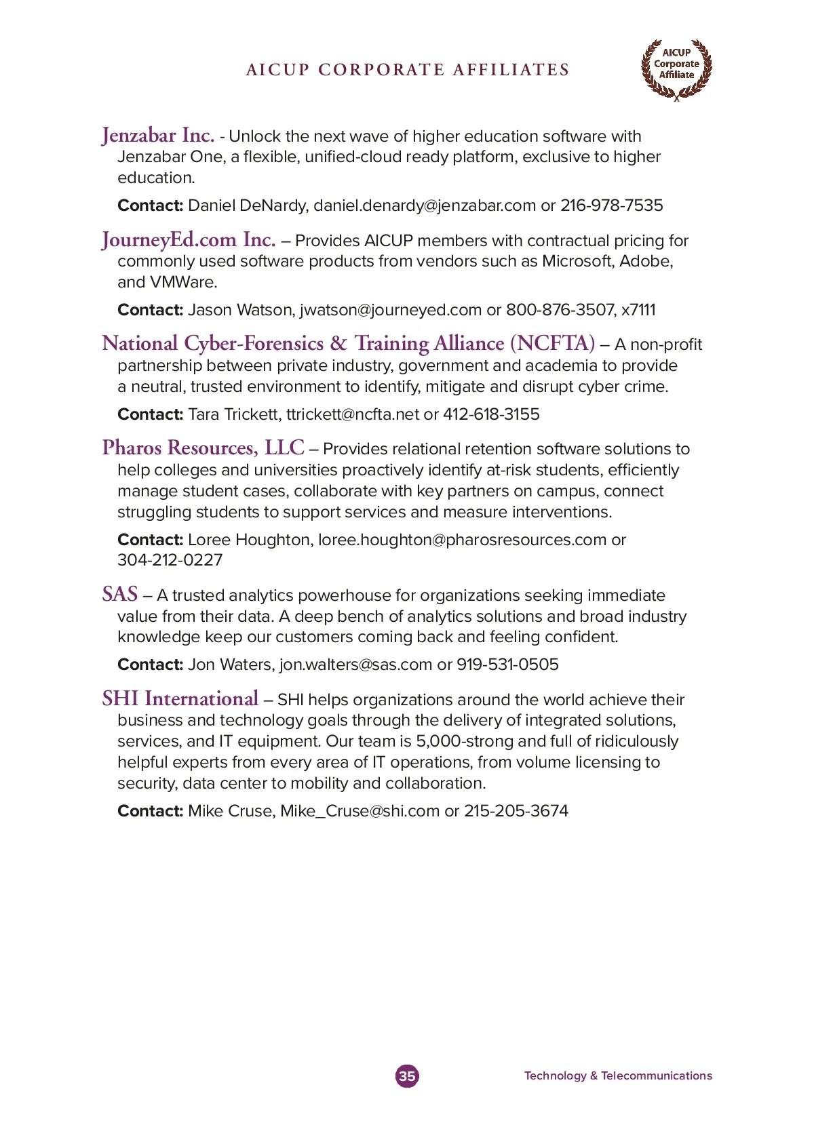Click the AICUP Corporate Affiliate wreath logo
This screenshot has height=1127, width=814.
pyautogui.click(x=676, y=68)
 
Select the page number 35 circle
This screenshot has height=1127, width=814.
pyautogui.click(x=407, y=1075)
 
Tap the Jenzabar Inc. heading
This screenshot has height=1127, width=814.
pyautogui.click(x=158, y=136)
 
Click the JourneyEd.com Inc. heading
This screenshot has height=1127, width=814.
pyautogui.click(x=189, y=240)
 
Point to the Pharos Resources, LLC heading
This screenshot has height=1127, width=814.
pyautogui.click(x=203, y=448)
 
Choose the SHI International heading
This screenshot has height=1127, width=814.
pyautogui.click(x=180, y=699)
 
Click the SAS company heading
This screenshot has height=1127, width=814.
pyautogui.click(x=120, y=595)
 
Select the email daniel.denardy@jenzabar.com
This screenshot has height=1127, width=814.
pyautogui.click(x=425, y=205)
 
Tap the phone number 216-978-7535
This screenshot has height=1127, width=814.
pyautogui.click(x=611, y=205)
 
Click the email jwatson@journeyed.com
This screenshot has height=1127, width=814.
pyautogui.click(x=391, y=310)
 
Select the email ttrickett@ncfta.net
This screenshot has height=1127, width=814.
pyautogui.click(x=353, y=414)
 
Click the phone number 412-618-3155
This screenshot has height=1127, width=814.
pyautogui.click(x=491, y=414)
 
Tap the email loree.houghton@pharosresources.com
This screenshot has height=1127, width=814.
pyautogui.click(x=462, y=540)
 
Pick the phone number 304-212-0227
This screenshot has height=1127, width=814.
pyautogui.click(x=170, y=560)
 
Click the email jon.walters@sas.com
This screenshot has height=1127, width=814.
pyautogui.click(x=355, y=665)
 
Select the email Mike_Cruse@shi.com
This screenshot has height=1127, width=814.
pyautogui.click(x=360, y=811)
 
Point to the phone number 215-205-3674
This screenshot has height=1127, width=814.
pyautogui.click(x=516, y=811)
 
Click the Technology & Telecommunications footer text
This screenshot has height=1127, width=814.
pyautogui.click(x=618, y=1075)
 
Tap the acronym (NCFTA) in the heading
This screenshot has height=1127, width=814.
pyautogui.click(x=552, y=344)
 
